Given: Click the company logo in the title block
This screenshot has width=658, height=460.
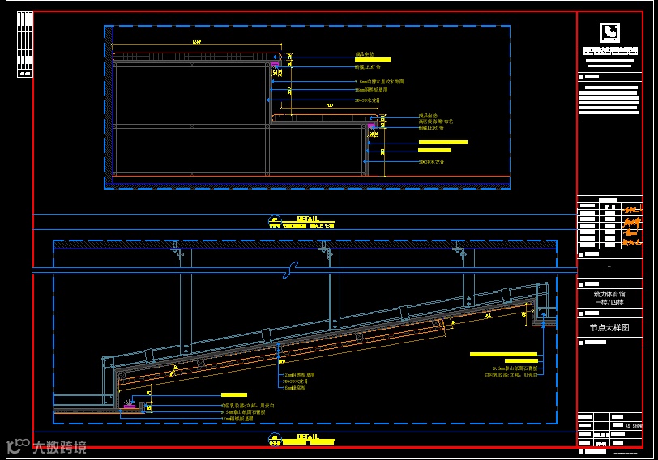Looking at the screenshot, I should pyautogui.click(x=609, y=32).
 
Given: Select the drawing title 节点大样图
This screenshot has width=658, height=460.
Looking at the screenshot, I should pyautogui.click(x=609, y=328).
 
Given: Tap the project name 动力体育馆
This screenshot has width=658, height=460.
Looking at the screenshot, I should pyautogui.click(x=609, y=294).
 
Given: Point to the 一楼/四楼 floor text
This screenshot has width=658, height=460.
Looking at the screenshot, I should pyautogui.click(x=609, y=302).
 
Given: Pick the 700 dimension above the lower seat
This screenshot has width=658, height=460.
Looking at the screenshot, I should pyautogui.click(x=329, y=106).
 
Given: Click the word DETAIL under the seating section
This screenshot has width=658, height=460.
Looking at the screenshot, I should pyautogui.click(x=308, y=219).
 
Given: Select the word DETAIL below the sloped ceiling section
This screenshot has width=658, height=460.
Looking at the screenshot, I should pyautogui.click(x=308, y=437).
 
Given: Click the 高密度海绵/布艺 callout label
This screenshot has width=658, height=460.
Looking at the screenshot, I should pyautogui.click(x=435, y=121).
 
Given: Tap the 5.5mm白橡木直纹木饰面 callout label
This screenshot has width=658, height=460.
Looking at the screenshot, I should pyautogui.click(x=380, y=82).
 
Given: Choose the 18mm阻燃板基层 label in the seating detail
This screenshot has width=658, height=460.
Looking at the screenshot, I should pyautogui.click(x=372, y=91).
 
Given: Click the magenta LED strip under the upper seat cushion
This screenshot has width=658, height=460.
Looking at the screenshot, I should pyautogui.click(x=276, y=62).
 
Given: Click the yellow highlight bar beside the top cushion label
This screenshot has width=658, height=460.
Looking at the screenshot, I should pyautogui.click(x=373, y=59).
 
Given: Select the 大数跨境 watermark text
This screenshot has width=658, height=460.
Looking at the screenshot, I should pyautogui.click(x=58, y=445).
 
